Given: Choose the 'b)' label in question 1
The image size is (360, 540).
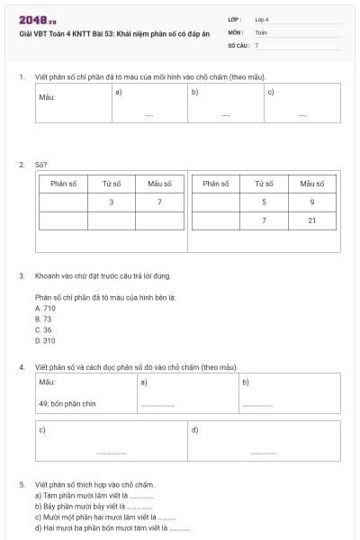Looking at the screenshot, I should (194, 91).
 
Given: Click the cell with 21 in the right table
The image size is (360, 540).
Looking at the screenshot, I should (311, 220).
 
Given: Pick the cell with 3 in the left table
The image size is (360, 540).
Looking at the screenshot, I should (111, 202).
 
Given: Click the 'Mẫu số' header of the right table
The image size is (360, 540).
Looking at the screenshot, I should (311, 184).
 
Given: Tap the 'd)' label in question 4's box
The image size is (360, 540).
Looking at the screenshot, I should (195, 429).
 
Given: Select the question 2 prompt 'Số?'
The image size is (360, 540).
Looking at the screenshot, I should (40, 165).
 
